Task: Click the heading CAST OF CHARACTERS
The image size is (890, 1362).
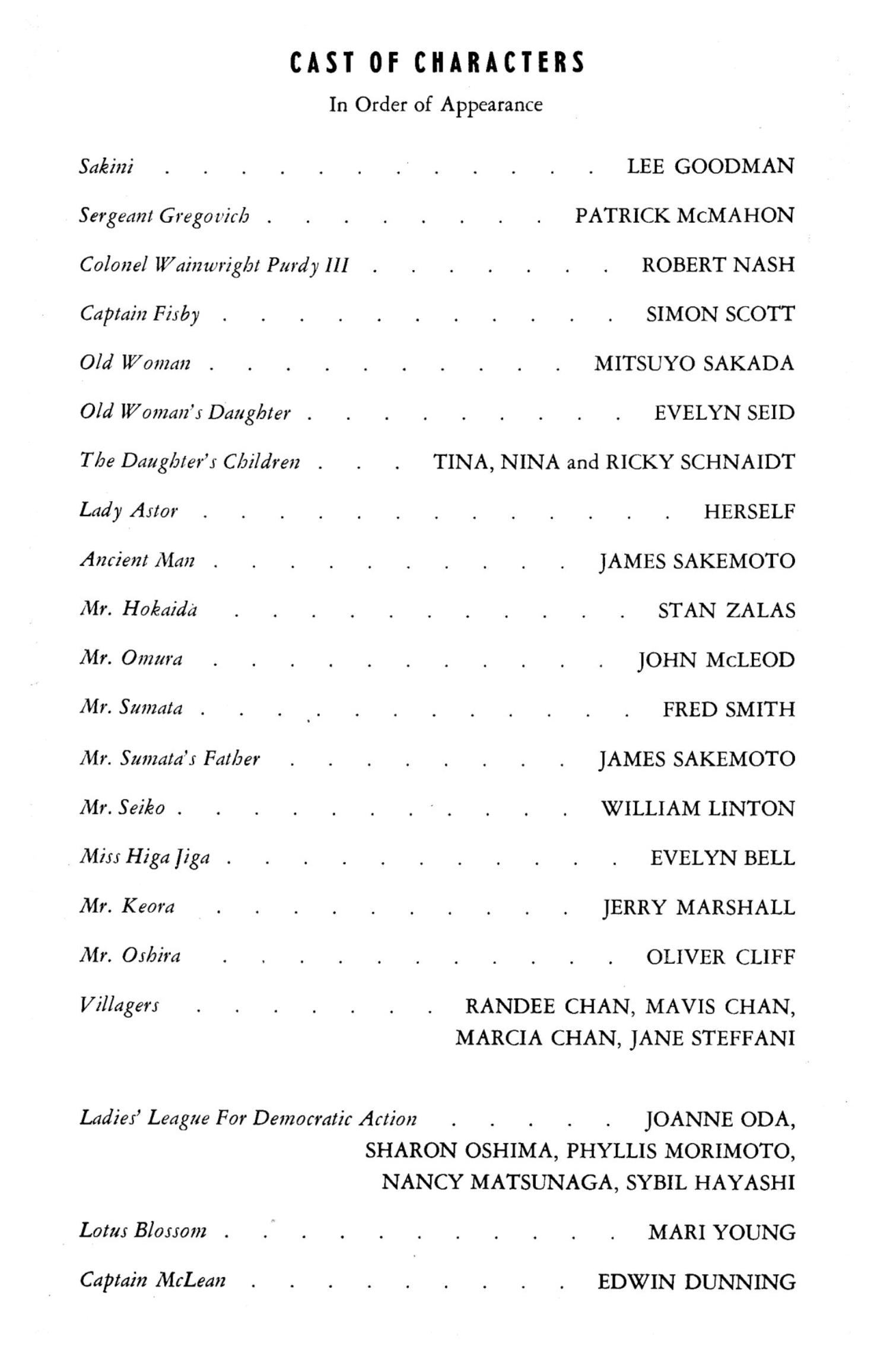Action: coord(437,63)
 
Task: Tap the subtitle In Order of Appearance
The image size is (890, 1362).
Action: coord(436,105)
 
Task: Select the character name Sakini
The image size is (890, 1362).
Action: coord(107,166)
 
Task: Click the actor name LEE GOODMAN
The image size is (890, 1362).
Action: coord(710,166)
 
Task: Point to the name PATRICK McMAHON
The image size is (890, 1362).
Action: coord(684,216)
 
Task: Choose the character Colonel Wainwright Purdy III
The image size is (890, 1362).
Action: coord(214,265)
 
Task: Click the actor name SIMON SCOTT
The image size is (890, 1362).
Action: coord(720,314)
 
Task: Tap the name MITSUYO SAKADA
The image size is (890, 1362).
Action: coord(694,363)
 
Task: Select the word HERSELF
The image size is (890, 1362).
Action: coord(749,511)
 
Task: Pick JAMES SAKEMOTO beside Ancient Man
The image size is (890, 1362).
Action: coord(697,561)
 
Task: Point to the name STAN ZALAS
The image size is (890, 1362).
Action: coord(726,610)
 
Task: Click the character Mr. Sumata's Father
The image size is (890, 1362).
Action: coord(170,759)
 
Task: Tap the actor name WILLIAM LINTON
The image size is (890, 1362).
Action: coord(698,808)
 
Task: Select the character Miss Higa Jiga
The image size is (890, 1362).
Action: coord(145,857)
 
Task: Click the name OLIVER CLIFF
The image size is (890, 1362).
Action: coord(720,956)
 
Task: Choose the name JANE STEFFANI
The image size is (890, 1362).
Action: coord(712,1038)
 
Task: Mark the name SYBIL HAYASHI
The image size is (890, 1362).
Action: coord(710,1182)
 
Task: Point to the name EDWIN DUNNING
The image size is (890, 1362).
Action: coord(697,1282)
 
